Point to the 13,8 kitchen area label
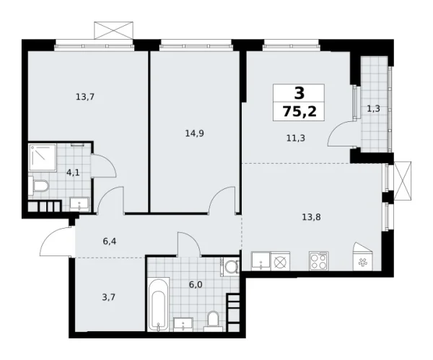click(x=311, y=215)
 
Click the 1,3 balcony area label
click(x=374, y=109)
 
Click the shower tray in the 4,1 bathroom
click(x=41, y=157)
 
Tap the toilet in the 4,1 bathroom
click(x=40, y=188)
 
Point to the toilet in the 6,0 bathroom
click(x=213, y=319)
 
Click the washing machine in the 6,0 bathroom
click(x=230, y=268)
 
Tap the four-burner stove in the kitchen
click(x=318, y=260)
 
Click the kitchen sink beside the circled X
click(x=261, y=261)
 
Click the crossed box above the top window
click(x=114, y=30)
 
